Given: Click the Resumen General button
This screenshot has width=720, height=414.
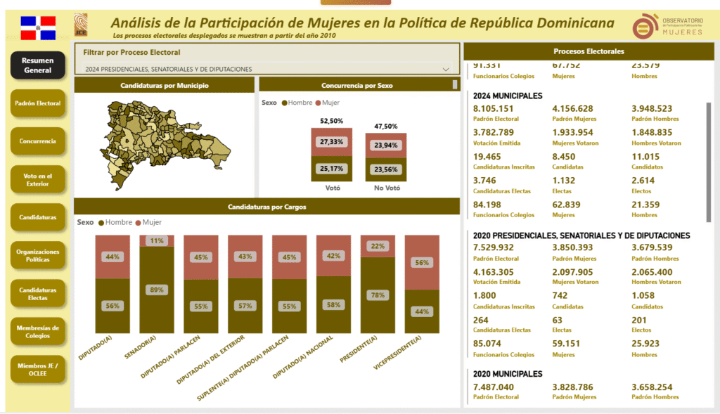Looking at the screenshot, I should (x=37, y=65).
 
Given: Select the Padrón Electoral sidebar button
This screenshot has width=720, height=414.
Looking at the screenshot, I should (x=37, y=103).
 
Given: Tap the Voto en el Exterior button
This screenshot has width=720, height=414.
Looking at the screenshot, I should (x=37, y=179).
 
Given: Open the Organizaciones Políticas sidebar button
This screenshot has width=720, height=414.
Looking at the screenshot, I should (x=37, y=255).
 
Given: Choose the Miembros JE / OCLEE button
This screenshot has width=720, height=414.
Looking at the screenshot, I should (x=37, y=368).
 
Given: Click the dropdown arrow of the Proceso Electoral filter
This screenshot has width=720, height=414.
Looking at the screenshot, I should (x=446, y=70).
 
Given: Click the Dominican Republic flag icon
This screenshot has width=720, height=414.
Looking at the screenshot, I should (x=37, y=27).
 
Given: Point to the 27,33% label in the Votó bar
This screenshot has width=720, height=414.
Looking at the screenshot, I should (x=331, y=142).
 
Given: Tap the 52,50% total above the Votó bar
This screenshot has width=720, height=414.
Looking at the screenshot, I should (x=331, y=121).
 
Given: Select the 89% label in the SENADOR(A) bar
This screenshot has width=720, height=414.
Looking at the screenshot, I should (x=157, y=289).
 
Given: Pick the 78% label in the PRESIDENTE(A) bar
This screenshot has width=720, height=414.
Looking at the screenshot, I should (x=378, y=295).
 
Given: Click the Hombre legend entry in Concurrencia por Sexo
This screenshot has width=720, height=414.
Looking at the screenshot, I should (x=298, y=103).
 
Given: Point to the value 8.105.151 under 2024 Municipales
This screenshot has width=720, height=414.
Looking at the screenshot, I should (x=494, y=108).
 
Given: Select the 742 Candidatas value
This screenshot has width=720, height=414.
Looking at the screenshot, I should (x=560, y=295).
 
